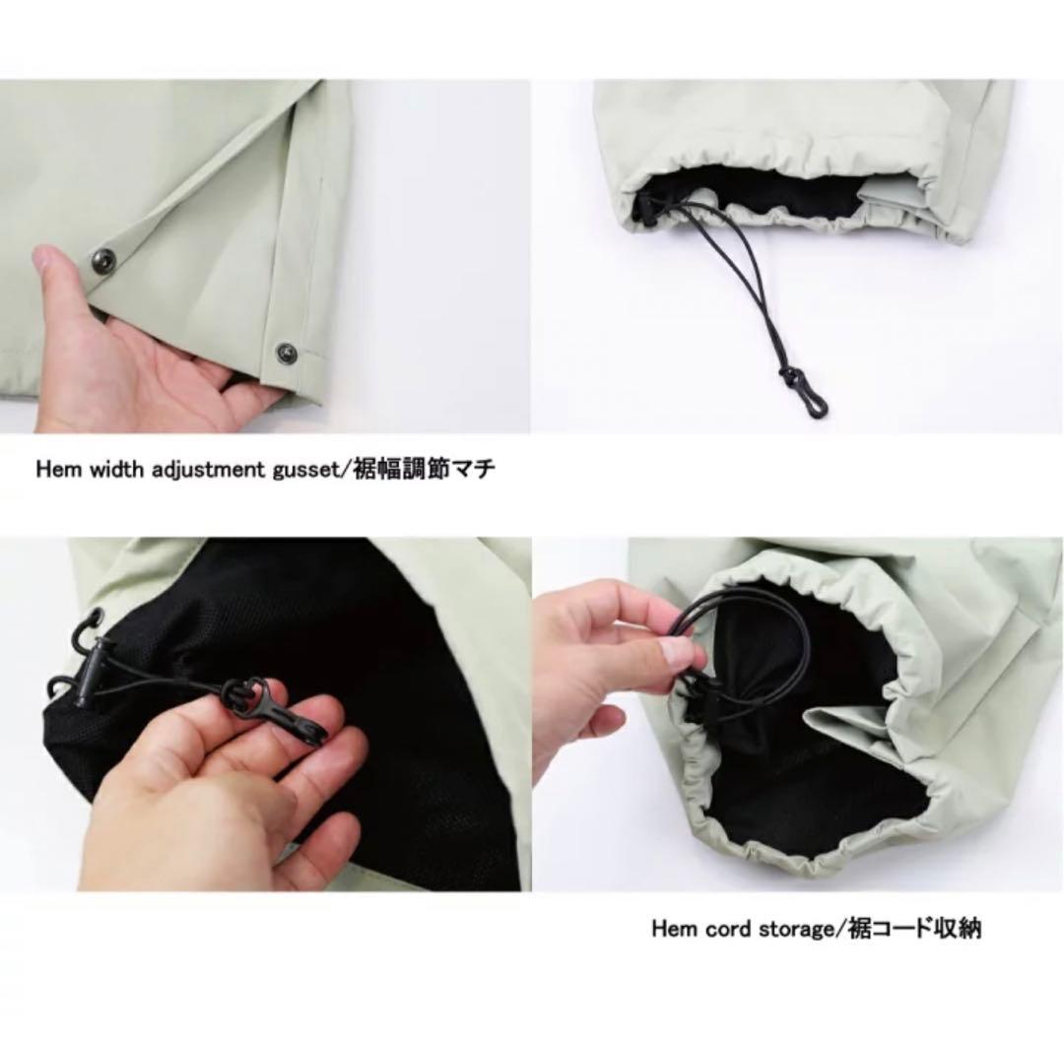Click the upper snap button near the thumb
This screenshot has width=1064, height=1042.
click(x=104, y=258)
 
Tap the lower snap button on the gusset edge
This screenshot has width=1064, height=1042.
click(x=287, y=352)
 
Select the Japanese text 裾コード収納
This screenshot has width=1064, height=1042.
click(x=912, y=928)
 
